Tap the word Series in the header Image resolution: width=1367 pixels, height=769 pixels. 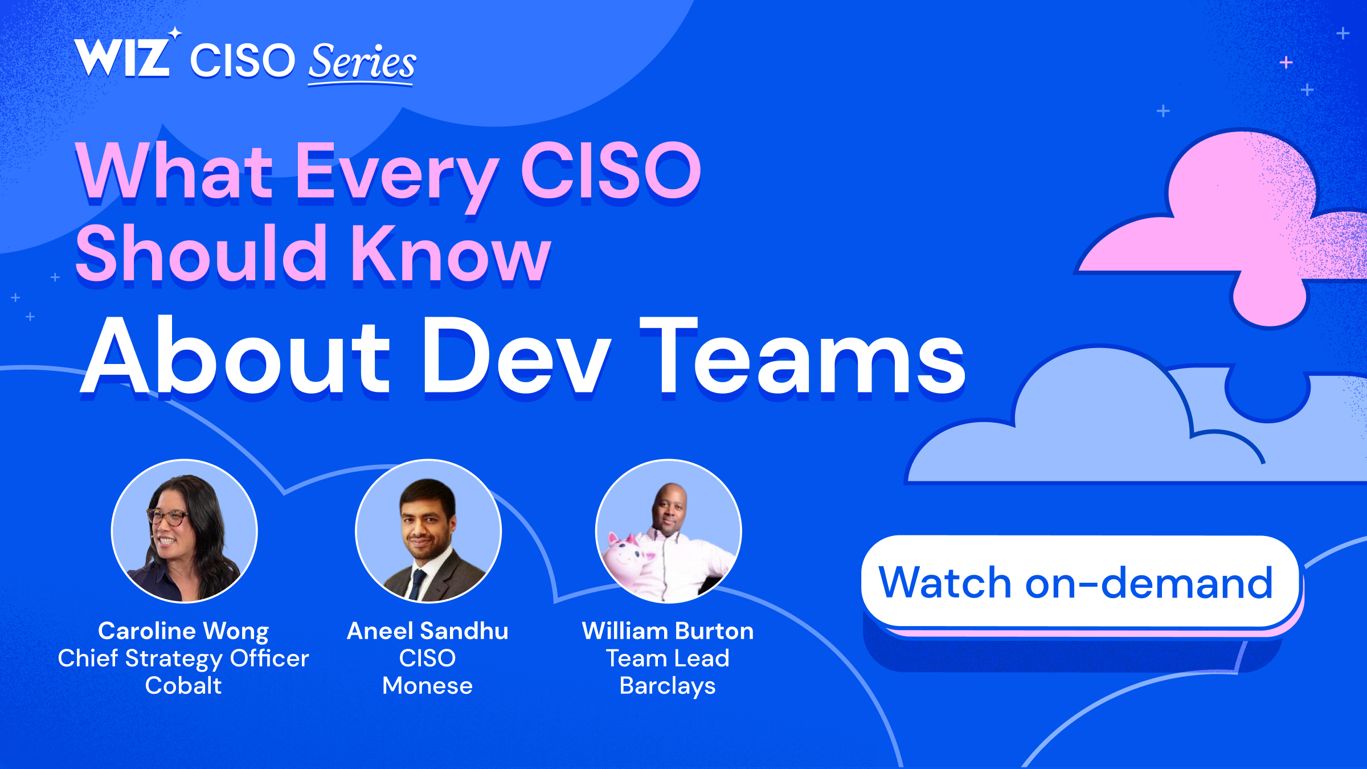pos(362,63)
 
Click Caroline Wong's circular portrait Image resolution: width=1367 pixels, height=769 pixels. pos(184,531)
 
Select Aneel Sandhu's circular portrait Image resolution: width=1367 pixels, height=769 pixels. pos(428,531)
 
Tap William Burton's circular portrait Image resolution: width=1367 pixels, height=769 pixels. pos(668,531)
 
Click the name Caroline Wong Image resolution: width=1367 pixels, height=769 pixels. pos(183,631)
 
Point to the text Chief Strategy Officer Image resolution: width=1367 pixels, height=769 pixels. pos(183,658)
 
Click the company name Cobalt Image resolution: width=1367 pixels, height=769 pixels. pos(183,686)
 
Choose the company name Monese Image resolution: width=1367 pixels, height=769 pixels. pos(428,686)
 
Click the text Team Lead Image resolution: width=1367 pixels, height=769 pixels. pos(668,658)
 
